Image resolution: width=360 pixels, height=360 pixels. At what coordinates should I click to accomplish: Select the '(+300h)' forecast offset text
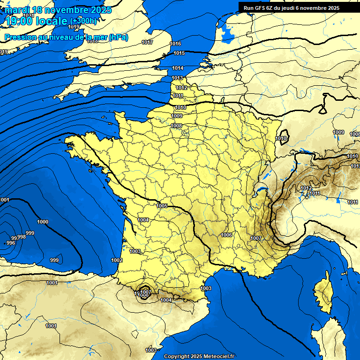click(84, 21)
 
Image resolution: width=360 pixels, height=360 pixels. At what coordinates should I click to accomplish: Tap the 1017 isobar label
click(147, 42)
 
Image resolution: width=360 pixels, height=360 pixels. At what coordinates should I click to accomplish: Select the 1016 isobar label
click(175, 44)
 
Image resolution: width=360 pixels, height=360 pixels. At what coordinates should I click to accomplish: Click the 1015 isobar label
click(179, 53)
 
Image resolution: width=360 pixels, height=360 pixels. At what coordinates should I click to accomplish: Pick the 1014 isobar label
click(178, 68)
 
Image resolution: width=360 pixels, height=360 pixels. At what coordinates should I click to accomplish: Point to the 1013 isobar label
click(177, 78)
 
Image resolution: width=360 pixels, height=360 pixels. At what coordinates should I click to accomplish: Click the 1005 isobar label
click(162, 206)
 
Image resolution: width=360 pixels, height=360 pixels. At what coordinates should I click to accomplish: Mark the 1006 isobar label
click(227, 235)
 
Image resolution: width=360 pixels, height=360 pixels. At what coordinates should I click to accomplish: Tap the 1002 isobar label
click(117, 260)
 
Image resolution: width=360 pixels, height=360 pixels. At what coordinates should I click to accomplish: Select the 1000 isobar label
click(43, 222)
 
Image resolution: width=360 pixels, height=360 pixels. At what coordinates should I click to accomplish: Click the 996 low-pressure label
click(10, 243)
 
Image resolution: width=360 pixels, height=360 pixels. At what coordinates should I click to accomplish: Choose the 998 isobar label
click(22, 237)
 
